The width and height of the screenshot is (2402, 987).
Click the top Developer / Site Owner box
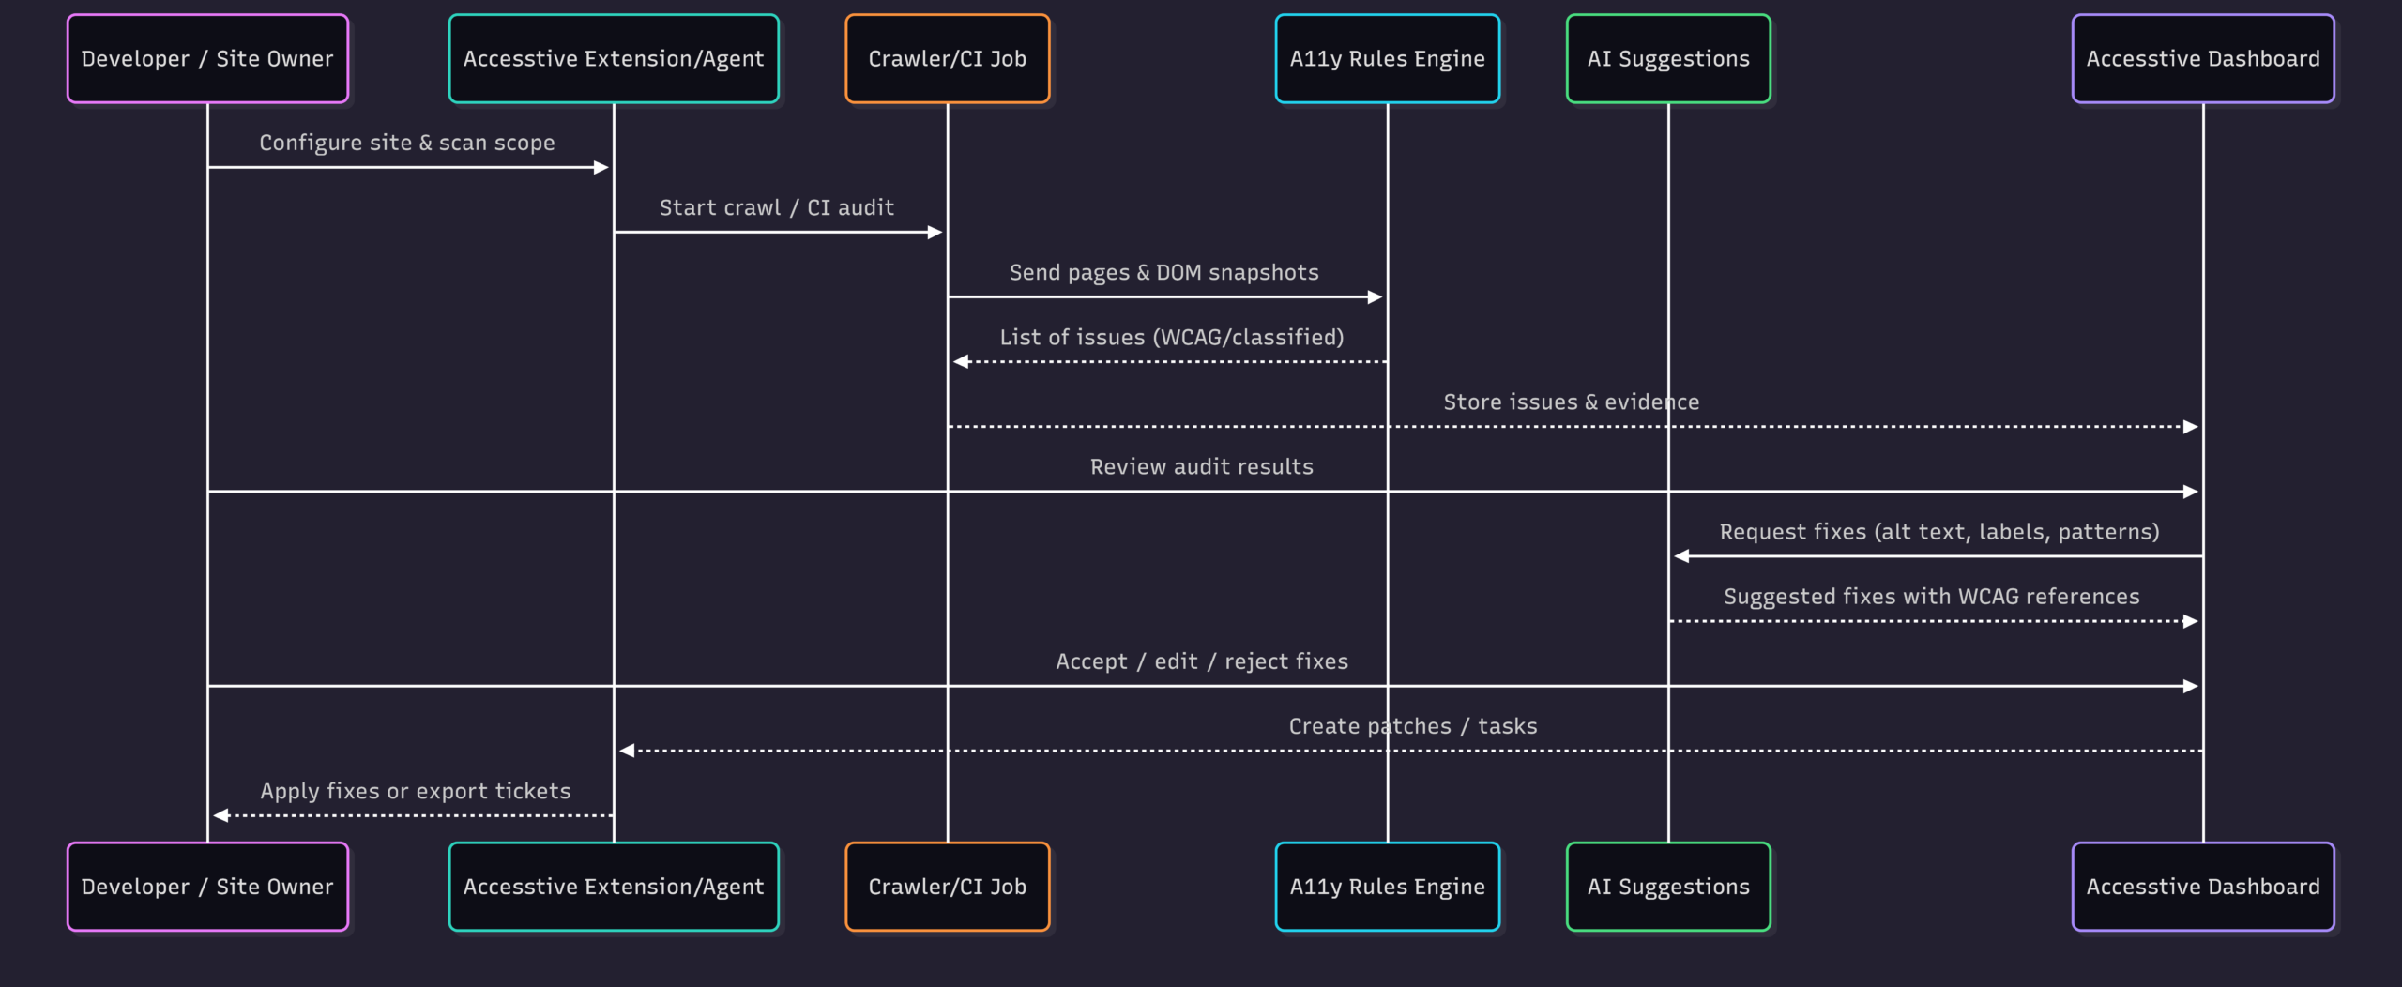(207, 58)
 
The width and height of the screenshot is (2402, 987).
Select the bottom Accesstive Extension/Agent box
(614, 887)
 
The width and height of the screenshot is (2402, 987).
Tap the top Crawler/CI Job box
(948, 58)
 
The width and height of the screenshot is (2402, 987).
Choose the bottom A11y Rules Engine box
(1388, 887)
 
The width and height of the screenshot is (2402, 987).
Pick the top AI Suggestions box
(1668, 58)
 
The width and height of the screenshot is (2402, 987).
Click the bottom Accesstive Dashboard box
(2203, 887)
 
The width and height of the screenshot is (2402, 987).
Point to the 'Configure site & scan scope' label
(407, 143)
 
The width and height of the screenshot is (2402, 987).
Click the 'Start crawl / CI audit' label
(777, 207)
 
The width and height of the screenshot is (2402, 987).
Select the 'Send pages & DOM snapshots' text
(1163, 272)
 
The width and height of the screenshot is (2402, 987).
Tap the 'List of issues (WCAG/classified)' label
(1172, 337)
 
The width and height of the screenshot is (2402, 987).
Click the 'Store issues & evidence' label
(1572, 402)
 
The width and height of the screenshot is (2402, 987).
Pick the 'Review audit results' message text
(1202, 466)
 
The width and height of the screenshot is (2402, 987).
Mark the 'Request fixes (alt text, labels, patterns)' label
(1939, 532)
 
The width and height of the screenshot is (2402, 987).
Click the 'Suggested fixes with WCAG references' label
(1932, 597)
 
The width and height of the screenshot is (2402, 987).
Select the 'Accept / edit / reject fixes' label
(1202, 661)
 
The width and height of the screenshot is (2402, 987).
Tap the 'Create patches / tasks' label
(1413, 726)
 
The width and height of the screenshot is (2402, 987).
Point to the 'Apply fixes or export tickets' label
(416, 791)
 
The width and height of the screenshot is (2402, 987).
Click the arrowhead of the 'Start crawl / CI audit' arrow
(935, 232)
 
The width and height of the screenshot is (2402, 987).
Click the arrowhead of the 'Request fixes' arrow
(1681, 556)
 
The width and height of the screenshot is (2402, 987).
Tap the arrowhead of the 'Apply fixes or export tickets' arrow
(220, 815)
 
